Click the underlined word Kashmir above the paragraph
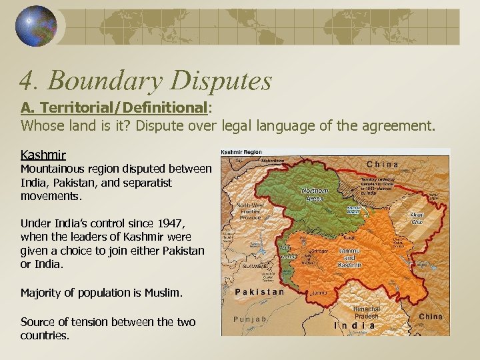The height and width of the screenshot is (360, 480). coord(43,156)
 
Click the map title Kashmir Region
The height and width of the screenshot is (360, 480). coord(241,152)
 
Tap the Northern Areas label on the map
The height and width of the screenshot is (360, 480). coord(314,194)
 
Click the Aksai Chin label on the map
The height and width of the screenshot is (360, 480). coord(417,219)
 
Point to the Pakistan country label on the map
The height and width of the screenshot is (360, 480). coord(260,291)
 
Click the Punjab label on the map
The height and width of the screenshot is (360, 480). coord(250,319)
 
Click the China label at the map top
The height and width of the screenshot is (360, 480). coord(383,164)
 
